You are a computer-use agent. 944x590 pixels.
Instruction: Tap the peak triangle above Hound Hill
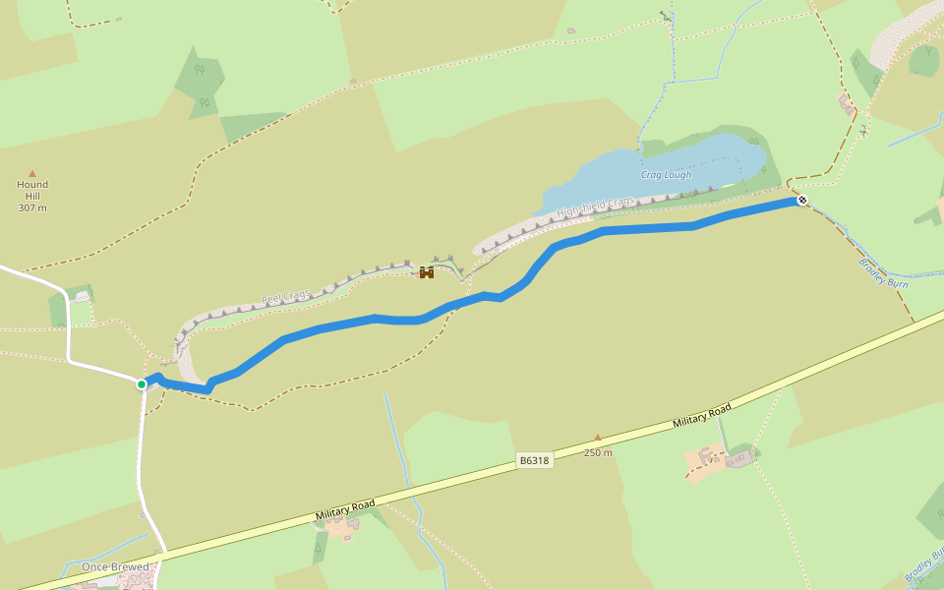point(32,173)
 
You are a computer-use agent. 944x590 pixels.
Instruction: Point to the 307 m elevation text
point(32,207)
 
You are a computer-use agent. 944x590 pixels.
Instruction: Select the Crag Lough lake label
point(666,175)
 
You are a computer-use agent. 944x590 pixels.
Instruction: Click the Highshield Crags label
point(596,207)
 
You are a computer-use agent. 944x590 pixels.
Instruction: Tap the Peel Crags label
point(285,297)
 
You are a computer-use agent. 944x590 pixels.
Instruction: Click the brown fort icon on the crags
point(427,272)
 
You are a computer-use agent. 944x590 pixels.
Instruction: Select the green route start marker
point(142,383)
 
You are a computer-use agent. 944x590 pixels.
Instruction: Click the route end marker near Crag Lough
point(802,201)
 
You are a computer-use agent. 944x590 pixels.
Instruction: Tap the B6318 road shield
point(534,460)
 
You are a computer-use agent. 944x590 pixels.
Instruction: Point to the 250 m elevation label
point(598,452)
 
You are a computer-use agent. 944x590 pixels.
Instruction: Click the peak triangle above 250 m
point(597,438)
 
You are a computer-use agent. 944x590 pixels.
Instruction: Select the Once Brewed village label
point(115,566)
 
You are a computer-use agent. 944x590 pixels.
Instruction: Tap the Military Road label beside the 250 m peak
point(702,415)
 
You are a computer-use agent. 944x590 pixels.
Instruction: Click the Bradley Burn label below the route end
point(883,272)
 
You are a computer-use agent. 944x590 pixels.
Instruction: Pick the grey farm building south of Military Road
point(739,456)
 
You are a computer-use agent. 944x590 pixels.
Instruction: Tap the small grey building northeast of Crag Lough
point(845,101)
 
